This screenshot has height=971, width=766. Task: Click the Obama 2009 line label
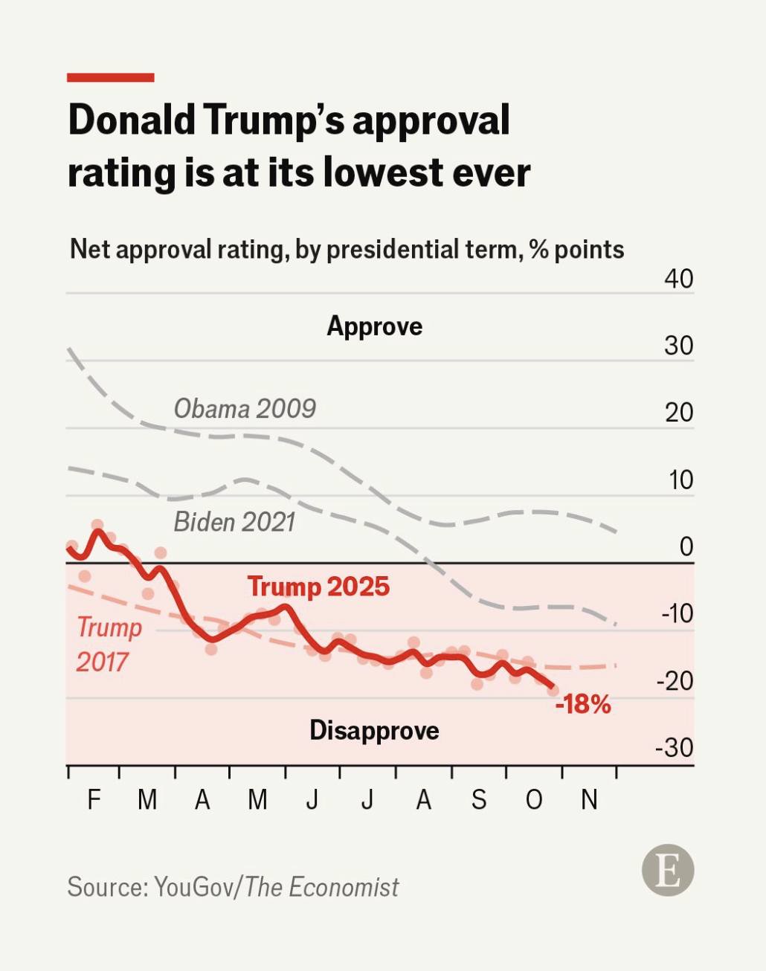(245, 408)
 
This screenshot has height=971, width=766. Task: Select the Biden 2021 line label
(234, 522)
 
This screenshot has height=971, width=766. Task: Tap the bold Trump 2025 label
(318, 587)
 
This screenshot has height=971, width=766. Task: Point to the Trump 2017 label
(109, 644)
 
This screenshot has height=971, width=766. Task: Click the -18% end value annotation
(583, 704)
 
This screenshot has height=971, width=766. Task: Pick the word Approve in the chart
(374, 326)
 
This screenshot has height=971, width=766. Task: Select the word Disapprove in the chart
(374, 730)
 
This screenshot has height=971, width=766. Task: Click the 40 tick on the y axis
(678, 279)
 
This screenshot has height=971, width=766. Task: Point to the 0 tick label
(686, 547)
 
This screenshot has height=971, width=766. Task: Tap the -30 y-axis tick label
(674, 747)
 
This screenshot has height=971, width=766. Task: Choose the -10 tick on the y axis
(676, 613)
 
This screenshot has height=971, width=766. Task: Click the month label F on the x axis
(94, 800)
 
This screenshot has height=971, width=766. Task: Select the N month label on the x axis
(589, 800)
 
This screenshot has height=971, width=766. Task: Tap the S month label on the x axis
(479, 800)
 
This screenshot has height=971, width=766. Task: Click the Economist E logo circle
(668, 870)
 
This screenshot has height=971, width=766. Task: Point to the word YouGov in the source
(193, 887)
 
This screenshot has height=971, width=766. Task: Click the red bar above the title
(110, 77)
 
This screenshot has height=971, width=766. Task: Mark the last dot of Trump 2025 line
(553, 690)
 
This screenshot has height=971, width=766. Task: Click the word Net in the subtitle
(90, 249)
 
